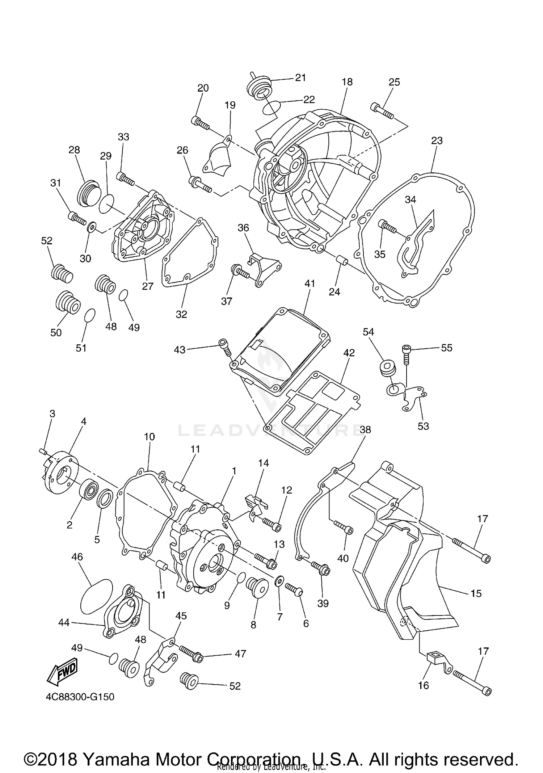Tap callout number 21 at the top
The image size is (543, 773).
tap(300, 77)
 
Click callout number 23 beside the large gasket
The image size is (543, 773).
tap(437, 140)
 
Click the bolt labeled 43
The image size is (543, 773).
tap(224, 348)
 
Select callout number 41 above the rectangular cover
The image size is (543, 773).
tap(310, 283)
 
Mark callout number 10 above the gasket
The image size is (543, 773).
tap(149, 437)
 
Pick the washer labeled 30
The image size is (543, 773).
tap(91, 227)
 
